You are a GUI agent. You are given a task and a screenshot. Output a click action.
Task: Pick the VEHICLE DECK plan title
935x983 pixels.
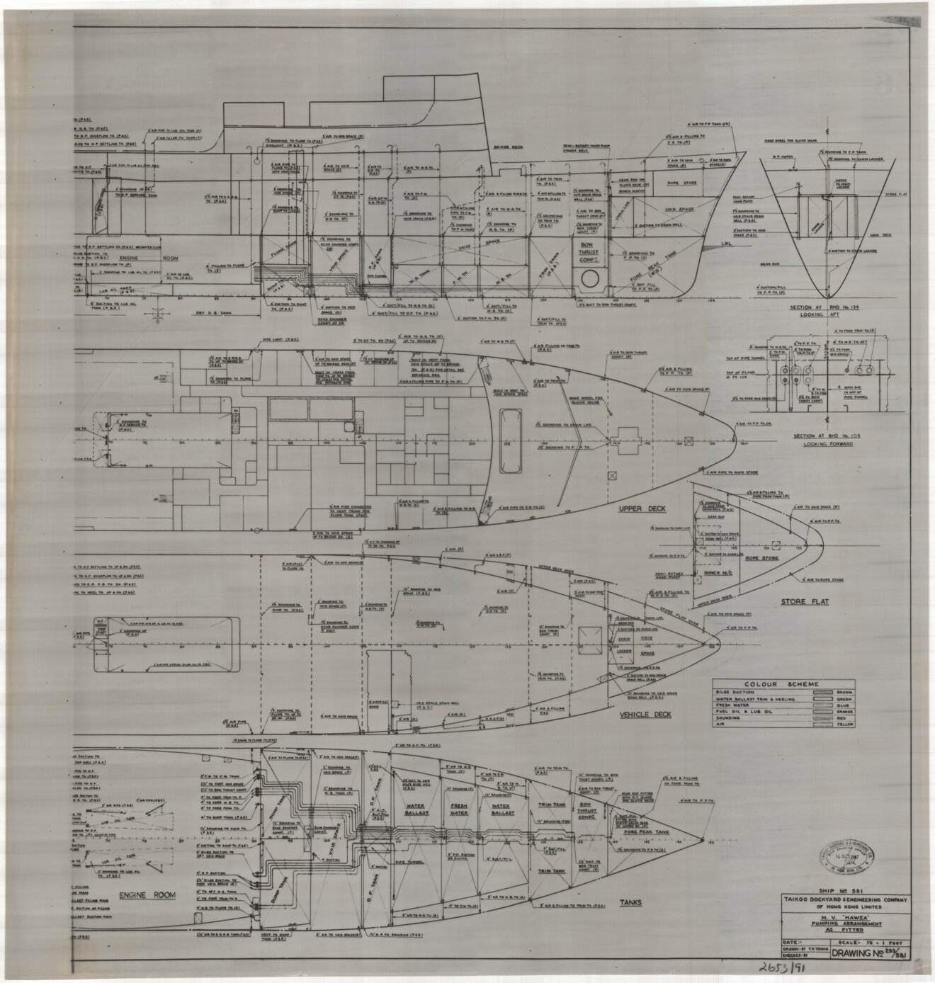coord(646,715)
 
